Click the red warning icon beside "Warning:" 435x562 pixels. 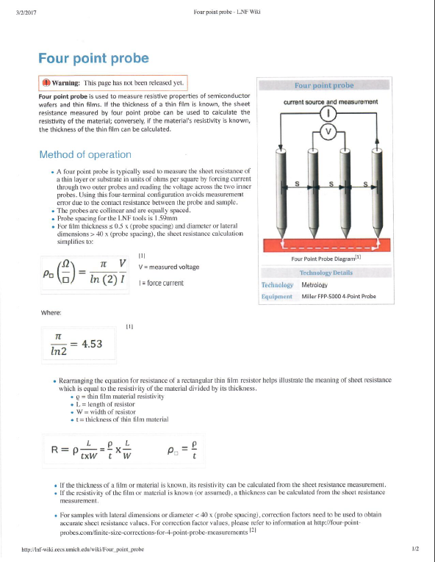click(46, 83)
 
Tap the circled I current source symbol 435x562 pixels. click(329, 113)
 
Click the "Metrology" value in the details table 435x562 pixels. click(315, 284)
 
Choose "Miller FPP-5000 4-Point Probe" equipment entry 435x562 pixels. click(339, 296)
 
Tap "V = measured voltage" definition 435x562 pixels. click(168, 266)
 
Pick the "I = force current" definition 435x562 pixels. click(161, 282)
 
